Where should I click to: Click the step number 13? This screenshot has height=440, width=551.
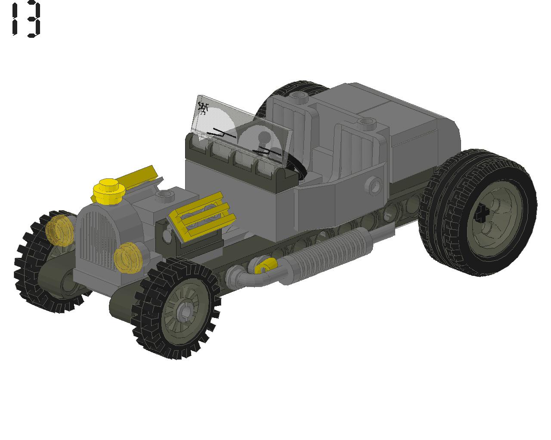[26, 19]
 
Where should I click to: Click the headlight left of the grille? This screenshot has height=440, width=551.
[60, 230]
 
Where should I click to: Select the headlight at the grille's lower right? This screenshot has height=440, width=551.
[127, 257]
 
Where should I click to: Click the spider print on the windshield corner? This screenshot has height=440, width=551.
[202, 107]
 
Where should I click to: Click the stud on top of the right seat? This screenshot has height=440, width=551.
[366, 123]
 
